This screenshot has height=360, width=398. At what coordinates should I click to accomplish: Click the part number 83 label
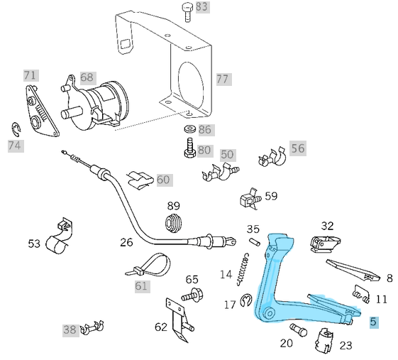click(202, 7)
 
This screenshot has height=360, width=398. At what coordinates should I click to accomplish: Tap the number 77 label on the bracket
click(223, 79)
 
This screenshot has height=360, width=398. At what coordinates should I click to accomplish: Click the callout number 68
click(87, 77)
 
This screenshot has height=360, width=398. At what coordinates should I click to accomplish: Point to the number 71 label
click(30, 75)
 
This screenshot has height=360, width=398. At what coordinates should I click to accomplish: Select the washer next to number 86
click(189, 131)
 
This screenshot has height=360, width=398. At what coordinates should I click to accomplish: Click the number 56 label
click(297, 148)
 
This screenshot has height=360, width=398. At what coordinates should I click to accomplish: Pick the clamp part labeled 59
click(249, 197)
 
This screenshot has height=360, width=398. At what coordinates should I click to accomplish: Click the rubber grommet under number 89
click(173, 221)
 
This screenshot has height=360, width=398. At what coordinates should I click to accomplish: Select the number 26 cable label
click(126, 242)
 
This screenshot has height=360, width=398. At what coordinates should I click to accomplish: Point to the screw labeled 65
click(193, 293)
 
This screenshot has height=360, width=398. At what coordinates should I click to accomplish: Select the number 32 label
click(326, 226)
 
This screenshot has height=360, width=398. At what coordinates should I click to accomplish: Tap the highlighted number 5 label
click(374, 322)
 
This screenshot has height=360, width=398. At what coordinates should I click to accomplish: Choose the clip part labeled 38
click(93, 327)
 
